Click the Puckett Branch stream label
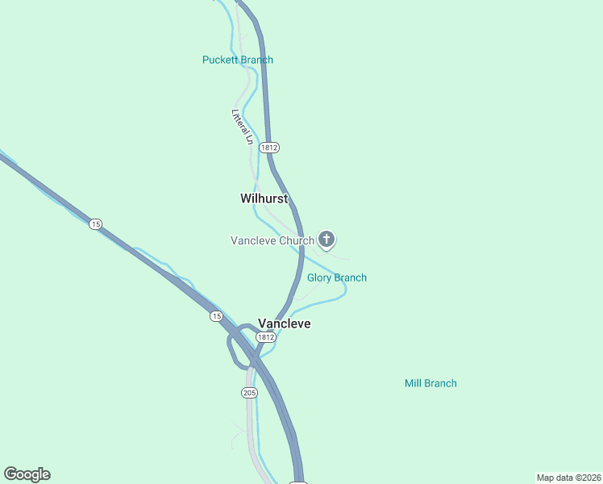pos(237,60)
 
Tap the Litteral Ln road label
pos(243,127)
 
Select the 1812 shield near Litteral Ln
pos(269,148)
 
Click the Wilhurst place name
pos(264,198)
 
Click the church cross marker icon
pos(326,239)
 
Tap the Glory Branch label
pos(337,277)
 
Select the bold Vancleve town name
pos(284,323)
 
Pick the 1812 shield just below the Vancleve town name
pos(266,336)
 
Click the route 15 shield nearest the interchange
pos(216,316)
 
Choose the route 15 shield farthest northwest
pos(96,224)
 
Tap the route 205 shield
pos(248,393)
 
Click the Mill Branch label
pos(430,383)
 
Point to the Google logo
pos(27,474)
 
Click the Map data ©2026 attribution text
pos(568,478)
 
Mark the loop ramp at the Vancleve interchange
pos(231,348)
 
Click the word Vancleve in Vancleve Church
pos(253,240)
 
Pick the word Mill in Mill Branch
pos(414,383)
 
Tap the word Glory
pos(321,277)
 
